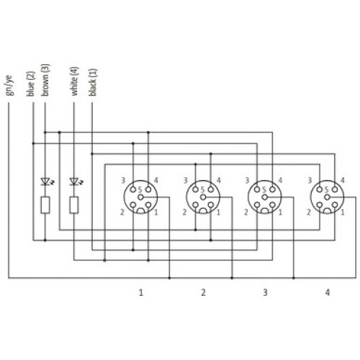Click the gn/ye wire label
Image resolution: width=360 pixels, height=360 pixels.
pyautogui.click(x=9, y=85)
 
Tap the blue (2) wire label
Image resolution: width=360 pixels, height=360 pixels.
pyautogui.click(x=31, y=84)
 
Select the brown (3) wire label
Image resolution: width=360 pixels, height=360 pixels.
pyautogui.click(x=45, y=80)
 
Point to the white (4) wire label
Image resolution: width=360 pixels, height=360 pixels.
pyautogui.click(x=75, y=81)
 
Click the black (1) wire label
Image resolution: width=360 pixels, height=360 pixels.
pyautogui.click(x=93, y=82)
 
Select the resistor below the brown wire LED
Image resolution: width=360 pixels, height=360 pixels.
pyautogui.click(x=45, y=205)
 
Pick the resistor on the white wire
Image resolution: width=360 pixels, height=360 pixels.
pyautogui.click(x=74, y=205)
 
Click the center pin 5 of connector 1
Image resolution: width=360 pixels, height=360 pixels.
pyautogui.click(x=141, y=197)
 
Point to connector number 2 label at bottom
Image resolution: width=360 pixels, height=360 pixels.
pyautogui.click(x=203, y=292)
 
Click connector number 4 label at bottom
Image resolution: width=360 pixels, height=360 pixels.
pyautogui.click(x=328, y=292)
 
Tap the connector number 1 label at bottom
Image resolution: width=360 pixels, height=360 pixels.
pyautogui.click(x=141, y=292)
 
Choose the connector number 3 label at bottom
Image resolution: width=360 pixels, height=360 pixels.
pyautogui.click(x=265, y=292)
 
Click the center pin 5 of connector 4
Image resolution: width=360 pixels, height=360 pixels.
pyautogui.click(x=327, y=197)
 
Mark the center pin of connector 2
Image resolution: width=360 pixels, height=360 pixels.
pyautogui.click(x=203, y=197)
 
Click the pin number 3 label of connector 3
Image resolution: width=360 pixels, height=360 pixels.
pyautogui.click(x=247, y=180)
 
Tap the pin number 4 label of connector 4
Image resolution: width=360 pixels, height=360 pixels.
pyautogui.click(x=343, y=180)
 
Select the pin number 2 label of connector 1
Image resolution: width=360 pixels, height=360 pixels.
pyautogui.click(x=122, y=212)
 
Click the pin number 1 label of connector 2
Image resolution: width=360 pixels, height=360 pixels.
pyautogui.click(x=218, y=212)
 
